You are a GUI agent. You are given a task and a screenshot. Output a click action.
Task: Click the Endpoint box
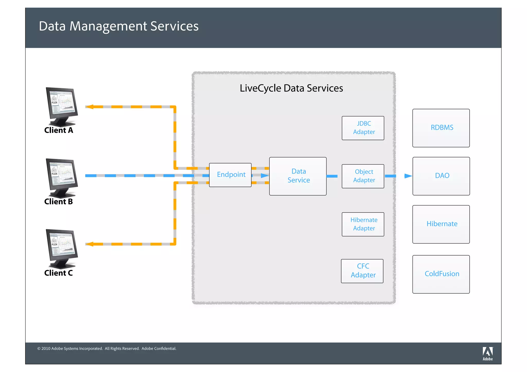pyautogui.click(x=230, y=175)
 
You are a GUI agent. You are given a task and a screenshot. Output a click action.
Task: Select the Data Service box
pyautogui.click(x=298, y=176)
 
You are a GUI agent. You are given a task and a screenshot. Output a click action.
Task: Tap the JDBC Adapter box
pyautogui.click(x=363, y=128)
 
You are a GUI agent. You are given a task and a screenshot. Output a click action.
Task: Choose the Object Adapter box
pyautogui.click(x=363, y=176)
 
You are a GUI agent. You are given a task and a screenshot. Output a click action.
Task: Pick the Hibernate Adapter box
pyautogui.click(x=363, y=224)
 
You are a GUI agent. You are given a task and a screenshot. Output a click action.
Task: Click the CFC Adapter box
pyautogui.click(x=362, y=271)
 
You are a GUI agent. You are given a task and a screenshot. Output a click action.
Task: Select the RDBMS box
pyautogui.click(x=441, y=128)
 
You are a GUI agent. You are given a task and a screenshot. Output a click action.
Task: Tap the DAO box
pyautogui.click(x=441, y=176)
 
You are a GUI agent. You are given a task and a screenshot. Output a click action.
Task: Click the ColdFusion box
pyautogui.click(x=441, y=274)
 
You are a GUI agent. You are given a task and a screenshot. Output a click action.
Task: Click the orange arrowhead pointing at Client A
pyautogui.click(x=89, y=107)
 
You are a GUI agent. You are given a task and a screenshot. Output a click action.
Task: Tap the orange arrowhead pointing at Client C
pyautogui.click(x=89, y=244)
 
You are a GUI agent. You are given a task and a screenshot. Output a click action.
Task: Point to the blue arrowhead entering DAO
pyautogui.click(x=408, y=176)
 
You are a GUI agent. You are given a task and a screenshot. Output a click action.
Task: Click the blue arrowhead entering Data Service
pyautogui.click(x=265, y=176)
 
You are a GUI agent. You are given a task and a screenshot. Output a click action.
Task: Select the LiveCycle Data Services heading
pyautogui.click(x=291, y=88)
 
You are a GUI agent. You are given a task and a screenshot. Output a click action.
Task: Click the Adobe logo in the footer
pyautogui.click(x=488, y=353)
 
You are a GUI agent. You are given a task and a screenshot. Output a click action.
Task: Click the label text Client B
pyautogui.click(x=58, y=202)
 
